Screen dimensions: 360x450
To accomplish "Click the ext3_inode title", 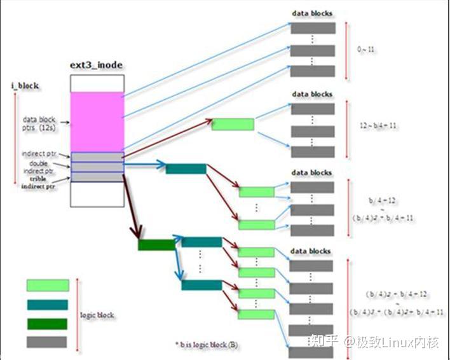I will click(x=97, y=66).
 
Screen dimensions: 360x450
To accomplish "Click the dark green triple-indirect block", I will click(x=155, y=244).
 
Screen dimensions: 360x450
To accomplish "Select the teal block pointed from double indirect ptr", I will click(x=186, y=169).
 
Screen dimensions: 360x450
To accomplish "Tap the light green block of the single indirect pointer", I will click(x=233, y=123).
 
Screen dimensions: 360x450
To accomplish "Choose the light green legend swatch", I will click(x=47, y=286).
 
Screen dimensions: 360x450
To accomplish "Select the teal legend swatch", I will click(x=47, y=305).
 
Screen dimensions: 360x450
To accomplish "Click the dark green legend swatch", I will click(x=47, y=323).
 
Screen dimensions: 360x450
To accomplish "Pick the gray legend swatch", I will click(x=47, y=342).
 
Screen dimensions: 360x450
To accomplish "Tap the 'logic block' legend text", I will click(x=97, y=315).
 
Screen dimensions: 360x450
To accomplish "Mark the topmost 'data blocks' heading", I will click(x=311, y=13).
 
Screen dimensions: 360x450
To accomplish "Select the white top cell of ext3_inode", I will click(x=97, y=83).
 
